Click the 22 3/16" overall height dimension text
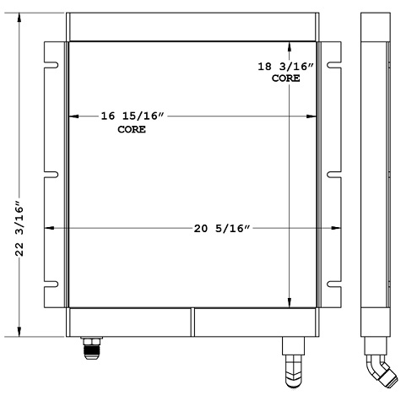tap(19, 228)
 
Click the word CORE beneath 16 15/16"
tap(131, 130)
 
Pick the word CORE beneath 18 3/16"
tap(285, 79)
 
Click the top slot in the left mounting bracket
tap(51, 62)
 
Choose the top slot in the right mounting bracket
tap(333, 62)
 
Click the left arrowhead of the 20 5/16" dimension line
tap(47, 228)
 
